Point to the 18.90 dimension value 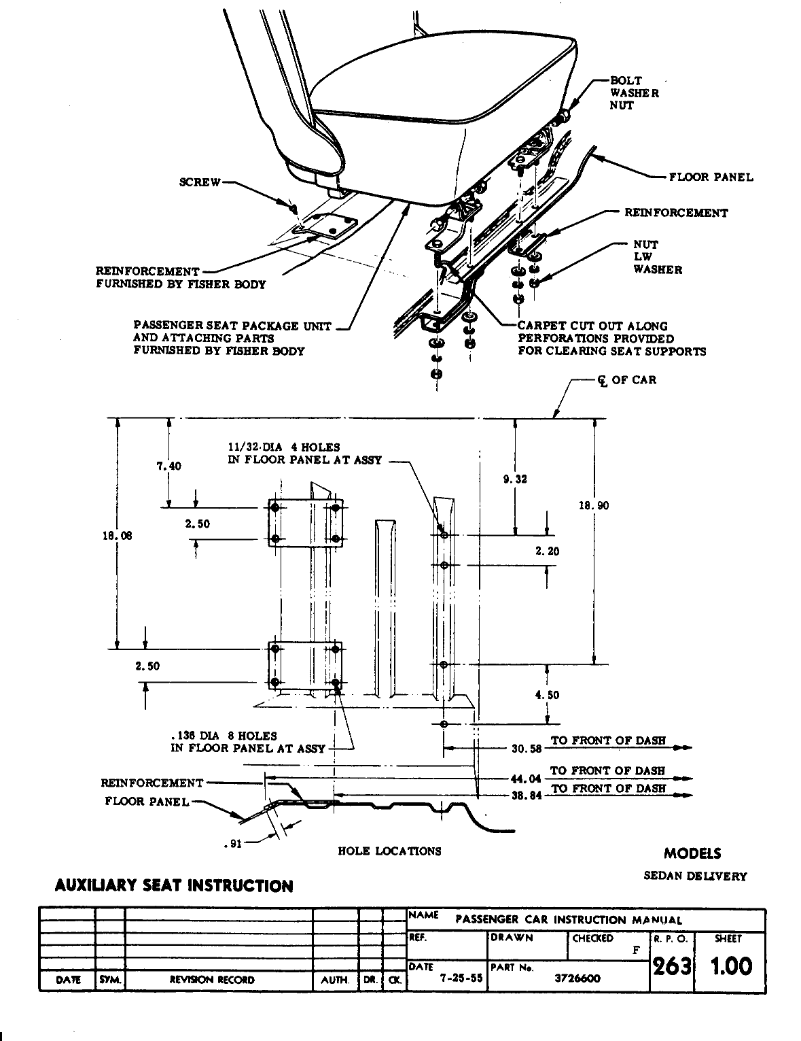point(594,505)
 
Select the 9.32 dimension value point(515,479)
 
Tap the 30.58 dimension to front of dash point(527,749)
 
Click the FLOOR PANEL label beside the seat point(711,177)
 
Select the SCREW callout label point(199,182)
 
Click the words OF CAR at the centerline point(634,380)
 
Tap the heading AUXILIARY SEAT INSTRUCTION point(174,886)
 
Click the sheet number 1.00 point(731,966)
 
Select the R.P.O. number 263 point(671,966)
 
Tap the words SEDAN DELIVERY point(695,876)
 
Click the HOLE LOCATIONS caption point(389,851)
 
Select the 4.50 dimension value point(548,695)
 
